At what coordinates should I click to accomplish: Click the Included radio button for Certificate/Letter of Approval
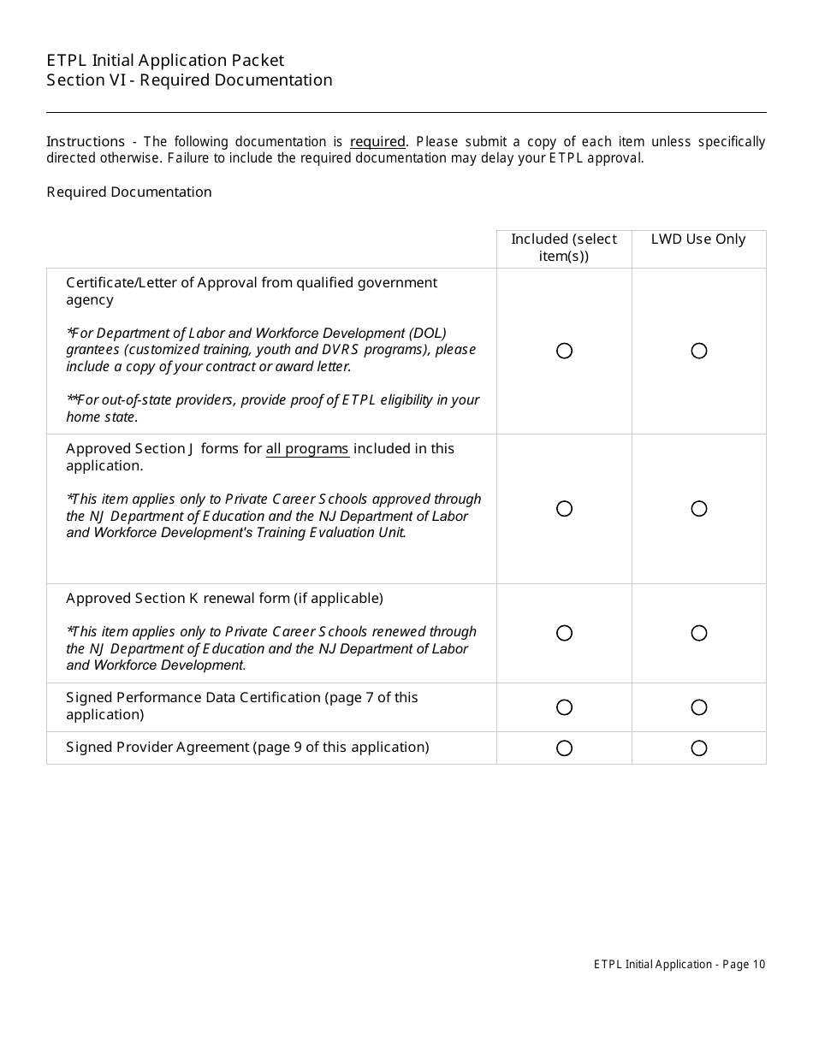pos(564,351)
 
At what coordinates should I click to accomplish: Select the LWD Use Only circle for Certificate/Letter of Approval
pos(699,351)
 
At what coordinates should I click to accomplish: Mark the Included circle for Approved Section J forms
pos(564,509)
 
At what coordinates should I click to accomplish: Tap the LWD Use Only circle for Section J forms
pos(699,509)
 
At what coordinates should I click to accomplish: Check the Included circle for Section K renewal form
pos(564,633)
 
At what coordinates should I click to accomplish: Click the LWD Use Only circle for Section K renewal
pos(699,633)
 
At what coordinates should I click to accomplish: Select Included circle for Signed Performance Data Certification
pos(564,707)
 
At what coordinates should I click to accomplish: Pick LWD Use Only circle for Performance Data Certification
pos(699,707)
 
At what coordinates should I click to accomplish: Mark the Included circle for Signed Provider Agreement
pos(564,748)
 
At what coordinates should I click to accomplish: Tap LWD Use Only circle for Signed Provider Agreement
pos(699,748)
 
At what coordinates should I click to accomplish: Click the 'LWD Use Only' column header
pos(698,239)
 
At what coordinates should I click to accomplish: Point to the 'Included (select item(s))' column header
pos(564,248)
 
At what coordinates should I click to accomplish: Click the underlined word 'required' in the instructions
pos(377,142)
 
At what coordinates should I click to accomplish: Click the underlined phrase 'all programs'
pos(307,449)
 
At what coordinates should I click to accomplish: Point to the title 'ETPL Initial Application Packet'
pos(165,60)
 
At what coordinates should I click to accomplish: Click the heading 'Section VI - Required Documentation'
pos(189,80)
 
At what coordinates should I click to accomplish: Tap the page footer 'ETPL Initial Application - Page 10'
pos(679,965)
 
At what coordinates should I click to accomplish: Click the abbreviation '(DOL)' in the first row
pos(429,333)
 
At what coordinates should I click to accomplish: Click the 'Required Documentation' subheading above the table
pos(129,192)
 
